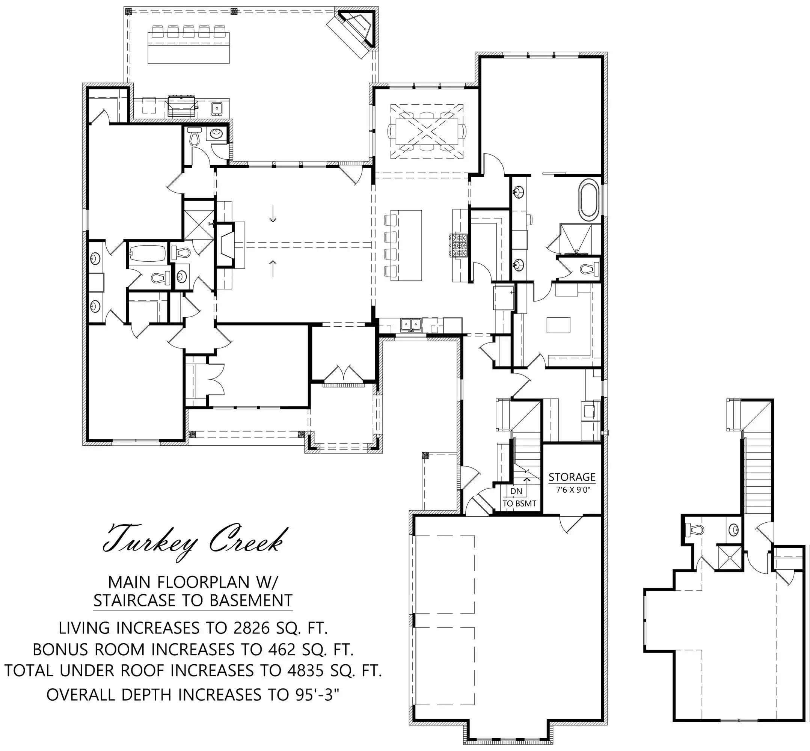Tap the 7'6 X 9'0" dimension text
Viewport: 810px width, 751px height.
point(573,490)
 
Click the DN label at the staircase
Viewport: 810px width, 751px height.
point(516,491)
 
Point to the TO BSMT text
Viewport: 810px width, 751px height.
point(519,504)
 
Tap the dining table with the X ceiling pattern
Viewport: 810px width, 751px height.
point(427,131)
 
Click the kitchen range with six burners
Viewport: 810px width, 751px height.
point(459,245)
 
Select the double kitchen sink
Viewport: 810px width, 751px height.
point(411,325)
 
